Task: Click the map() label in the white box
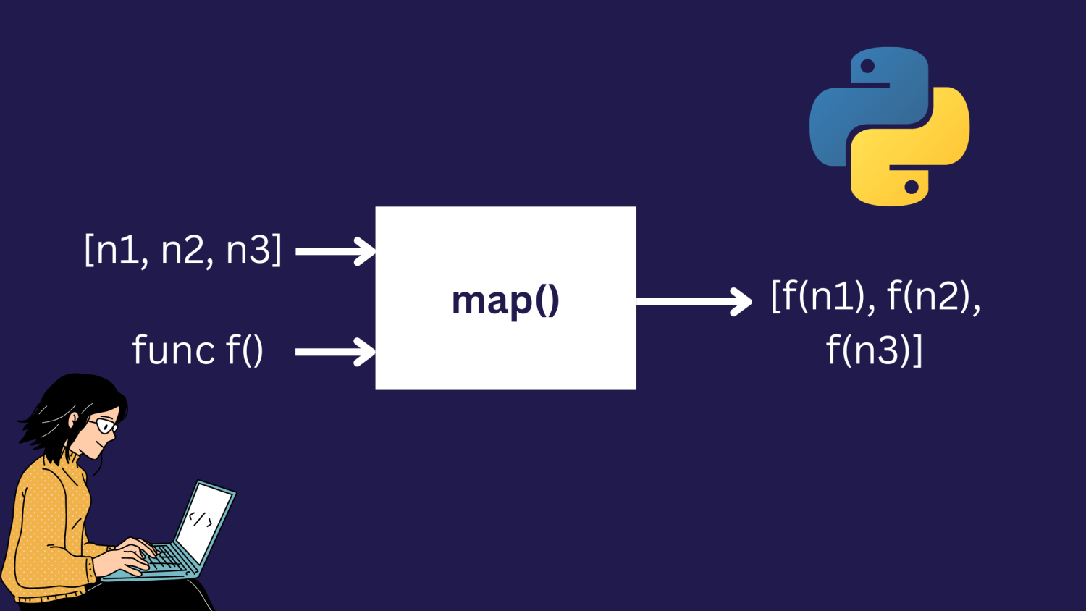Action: tap(505, 300)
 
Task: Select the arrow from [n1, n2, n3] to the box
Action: tap(335, 251)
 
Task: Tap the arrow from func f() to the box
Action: tap(335, 353)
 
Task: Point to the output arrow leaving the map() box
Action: tap(694, 301)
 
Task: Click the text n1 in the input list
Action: tap(117, 250)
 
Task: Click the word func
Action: tap(174, 350)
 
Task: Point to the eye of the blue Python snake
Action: tap(867, 67)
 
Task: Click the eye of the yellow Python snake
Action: tap(912, 187)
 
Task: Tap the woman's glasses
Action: tap(104, 425)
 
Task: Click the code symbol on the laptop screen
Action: tap(200, 519)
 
